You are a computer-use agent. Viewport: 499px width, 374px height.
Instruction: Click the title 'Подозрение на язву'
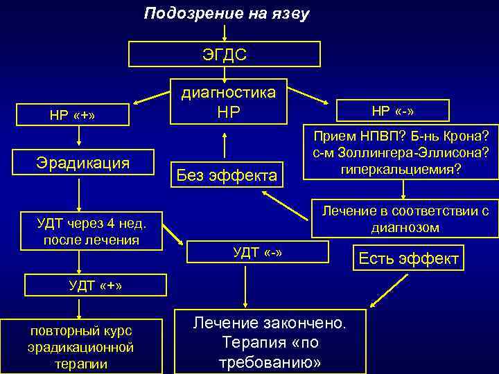(x=227, y=14)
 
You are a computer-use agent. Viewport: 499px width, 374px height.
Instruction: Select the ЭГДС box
(x=225, y=54)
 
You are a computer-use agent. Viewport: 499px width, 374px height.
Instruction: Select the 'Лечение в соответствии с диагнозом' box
(x=404, y=218)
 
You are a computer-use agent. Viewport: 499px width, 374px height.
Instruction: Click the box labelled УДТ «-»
(x=258, y=251)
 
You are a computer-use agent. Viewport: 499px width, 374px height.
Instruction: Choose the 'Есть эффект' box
(x=408, y=259)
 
